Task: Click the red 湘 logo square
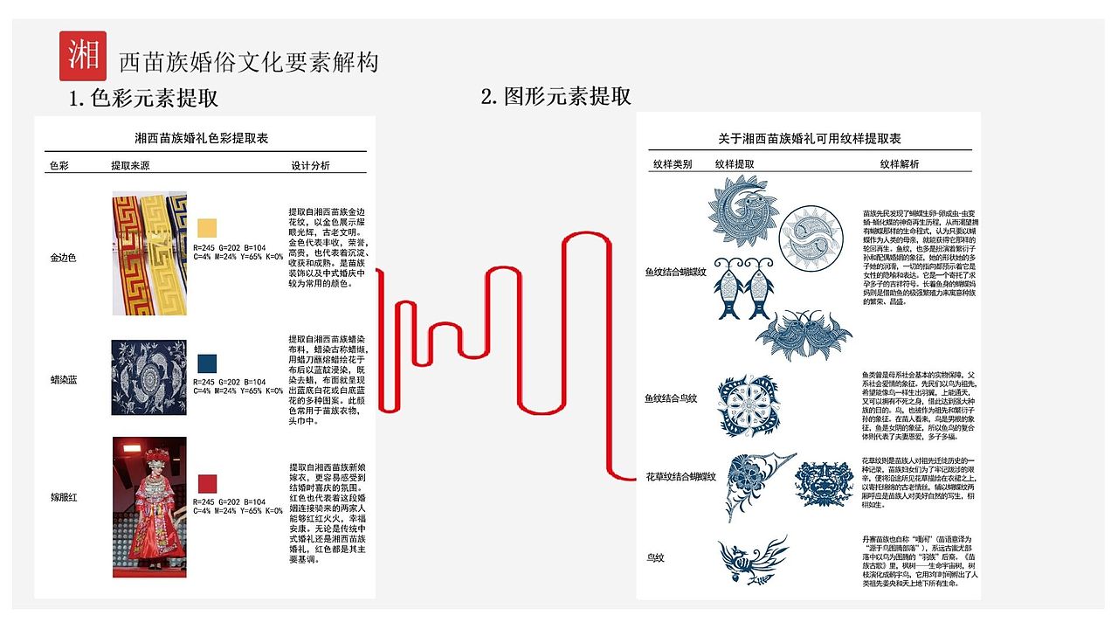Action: [x=83, y=56]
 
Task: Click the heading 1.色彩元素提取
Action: [x=143, y=98]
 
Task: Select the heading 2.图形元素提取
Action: [x=556, y=96]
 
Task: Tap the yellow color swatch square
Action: [x=207, y=228]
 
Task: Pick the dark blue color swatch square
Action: [x=207, y=363]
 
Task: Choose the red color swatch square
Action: [x=207, y=484]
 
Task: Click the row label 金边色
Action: [x=65, y=259]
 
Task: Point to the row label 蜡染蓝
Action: [x=65, y=380]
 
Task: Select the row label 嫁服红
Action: [x=65, y=497]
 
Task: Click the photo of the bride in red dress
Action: [x=149, y=507]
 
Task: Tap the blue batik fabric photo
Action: [x=149, y=377]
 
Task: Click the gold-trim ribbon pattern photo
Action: [x=149, y=253]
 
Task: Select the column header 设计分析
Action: [x=310, y=165]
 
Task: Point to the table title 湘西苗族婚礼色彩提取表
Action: [x=201, y=138]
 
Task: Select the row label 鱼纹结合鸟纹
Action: [x=671, y=398]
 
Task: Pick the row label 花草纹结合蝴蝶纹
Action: [x=680, y=477]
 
